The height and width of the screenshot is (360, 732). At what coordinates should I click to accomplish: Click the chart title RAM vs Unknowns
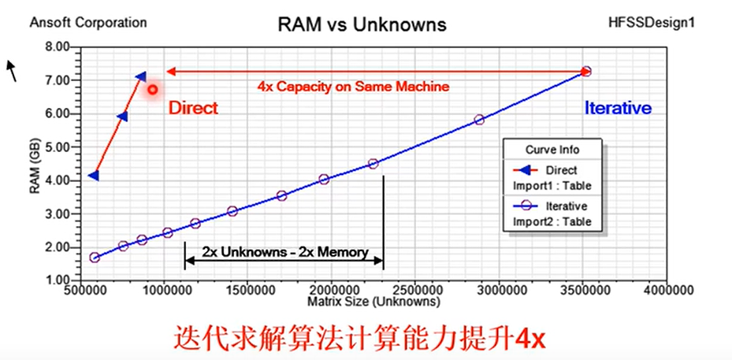(362, 24)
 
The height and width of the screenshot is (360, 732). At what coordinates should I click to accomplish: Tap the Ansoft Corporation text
(88, 22)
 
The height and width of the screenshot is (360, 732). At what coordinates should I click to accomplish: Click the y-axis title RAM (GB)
(35, 170)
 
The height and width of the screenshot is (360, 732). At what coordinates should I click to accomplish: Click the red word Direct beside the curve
(193, 108)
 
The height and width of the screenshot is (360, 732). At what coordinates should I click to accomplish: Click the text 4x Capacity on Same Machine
(353, 87)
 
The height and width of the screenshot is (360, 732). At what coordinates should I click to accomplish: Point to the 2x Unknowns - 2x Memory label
(284, 253)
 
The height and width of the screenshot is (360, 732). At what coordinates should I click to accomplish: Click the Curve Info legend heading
(552, 150)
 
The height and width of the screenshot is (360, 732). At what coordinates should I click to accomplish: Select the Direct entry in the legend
(561, 170)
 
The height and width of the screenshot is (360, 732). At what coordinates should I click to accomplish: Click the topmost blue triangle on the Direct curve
(140, 76)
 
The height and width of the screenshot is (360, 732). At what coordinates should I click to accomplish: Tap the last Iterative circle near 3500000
(585, 72)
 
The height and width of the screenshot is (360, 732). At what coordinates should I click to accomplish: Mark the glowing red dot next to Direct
(153, 89)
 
